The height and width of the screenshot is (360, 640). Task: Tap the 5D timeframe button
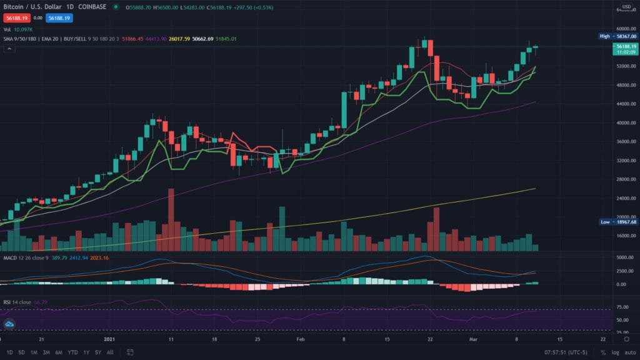point(22,352)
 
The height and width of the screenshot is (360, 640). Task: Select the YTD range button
point(73,352)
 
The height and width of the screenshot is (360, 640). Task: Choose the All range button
point(110,352)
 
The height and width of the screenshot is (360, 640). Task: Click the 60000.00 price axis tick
point(623,28)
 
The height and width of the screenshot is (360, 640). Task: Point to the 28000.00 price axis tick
point(623,179)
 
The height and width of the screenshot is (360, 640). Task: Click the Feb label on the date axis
point(301,339)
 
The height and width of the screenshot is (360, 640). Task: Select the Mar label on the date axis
point(475,339)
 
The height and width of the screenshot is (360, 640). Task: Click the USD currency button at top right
point(624,7)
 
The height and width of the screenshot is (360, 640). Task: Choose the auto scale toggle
point(627,352)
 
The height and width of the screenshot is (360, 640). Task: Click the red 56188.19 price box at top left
point(15,19)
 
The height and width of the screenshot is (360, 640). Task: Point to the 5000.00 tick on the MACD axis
point(623,257)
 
